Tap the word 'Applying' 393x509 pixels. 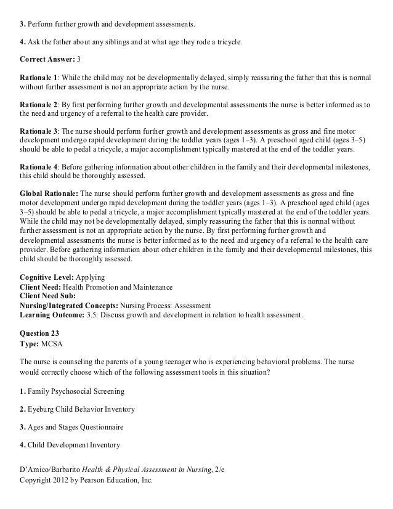[x=89, y=278]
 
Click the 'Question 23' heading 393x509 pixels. [x=39, y=333]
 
